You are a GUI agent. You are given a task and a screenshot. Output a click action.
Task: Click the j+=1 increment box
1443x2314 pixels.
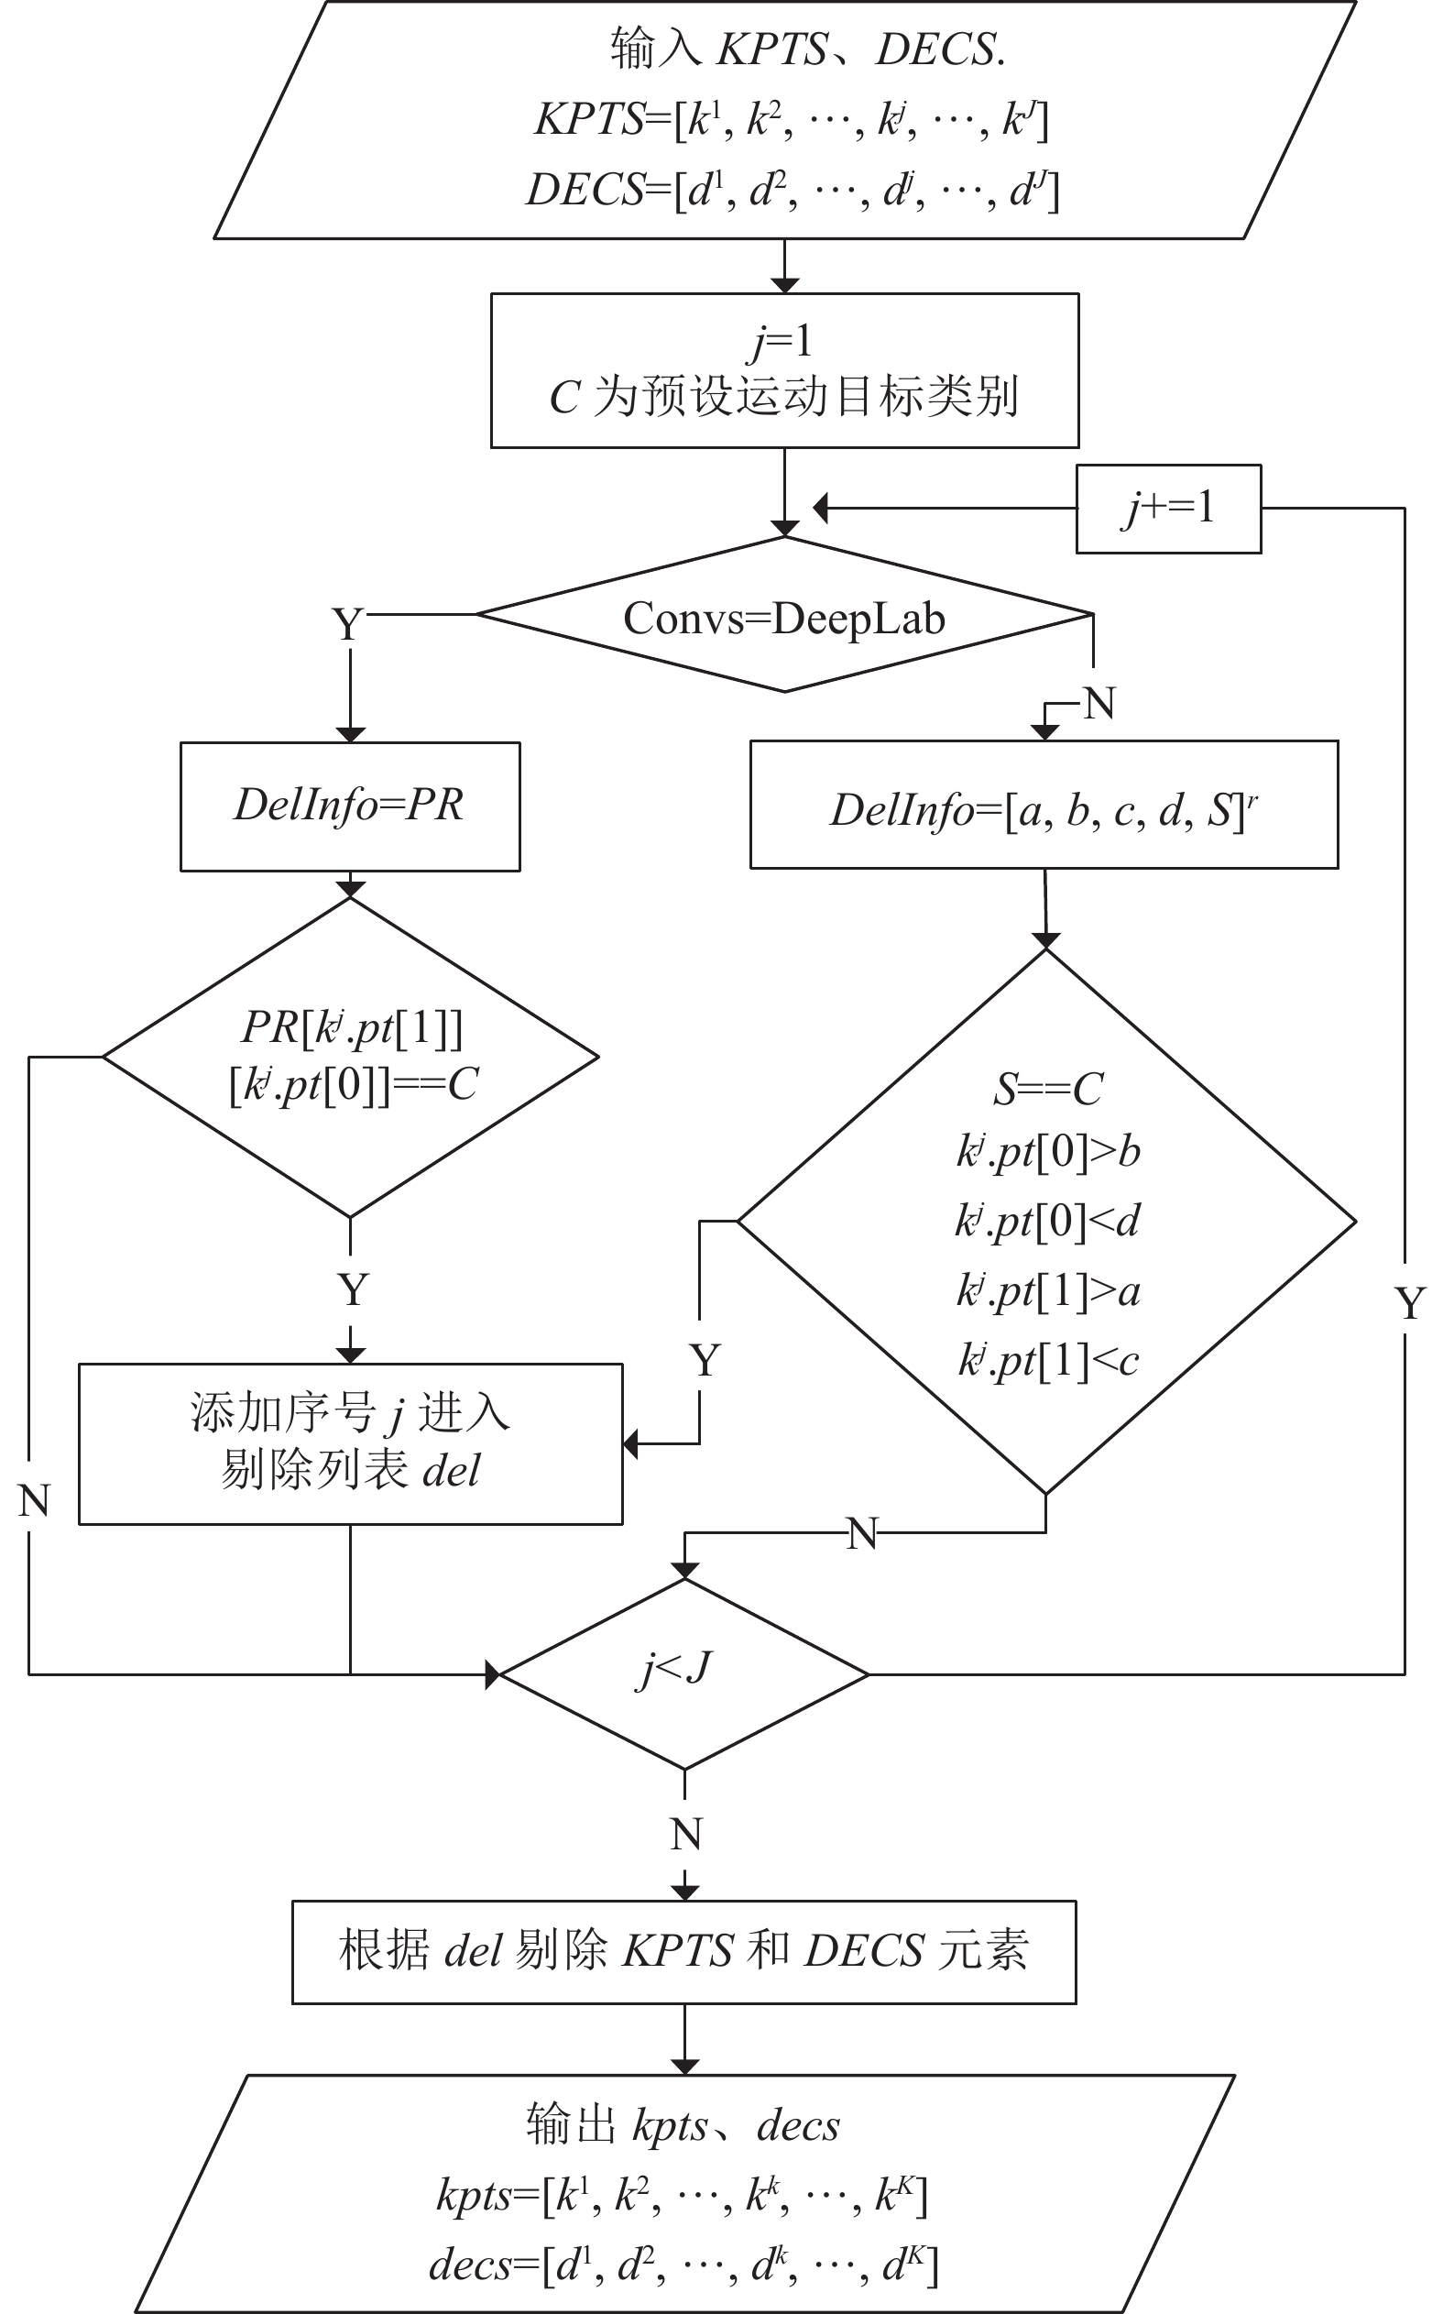coord(1168,509)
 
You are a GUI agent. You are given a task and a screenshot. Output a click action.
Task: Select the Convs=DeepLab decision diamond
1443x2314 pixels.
coord(784,615)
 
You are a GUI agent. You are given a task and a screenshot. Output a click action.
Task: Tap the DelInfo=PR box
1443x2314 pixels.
coord(350,806)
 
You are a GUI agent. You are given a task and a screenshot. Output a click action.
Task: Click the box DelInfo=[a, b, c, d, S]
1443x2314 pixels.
coord(1044,805)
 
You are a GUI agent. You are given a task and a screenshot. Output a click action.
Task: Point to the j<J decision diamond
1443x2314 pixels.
coord(684,1674)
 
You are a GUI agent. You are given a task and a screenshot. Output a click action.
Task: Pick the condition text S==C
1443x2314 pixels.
coord(1048,1090)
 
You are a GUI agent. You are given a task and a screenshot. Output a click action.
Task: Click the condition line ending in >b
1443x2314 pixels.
coord(1048,1152)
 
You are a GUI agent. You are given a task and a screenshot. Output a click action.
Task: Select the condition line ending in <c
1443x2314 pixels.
coord(1048,1360)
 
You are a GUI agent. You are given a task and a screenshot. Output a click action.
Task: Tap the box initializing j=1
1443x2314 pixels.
coord(784,370)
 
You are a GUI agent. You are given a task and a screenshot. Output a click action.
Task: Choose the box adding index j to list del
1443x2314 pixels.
coord(350,1443)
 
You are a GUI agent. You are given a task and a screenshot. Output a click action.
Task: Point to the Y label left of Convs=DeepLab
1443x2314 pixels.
coord(348,624)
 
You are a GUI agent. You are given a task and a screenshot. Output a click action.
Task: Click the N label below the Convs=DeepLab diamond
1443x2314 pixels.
coord(1099,704)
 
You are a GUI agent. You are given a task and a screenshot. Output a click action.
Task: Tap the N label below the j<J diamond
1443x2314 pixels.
coord(686,1834)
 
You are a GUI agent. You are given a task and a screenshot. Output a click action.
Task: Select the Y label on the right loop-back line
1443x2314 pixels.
coord(1411,1303)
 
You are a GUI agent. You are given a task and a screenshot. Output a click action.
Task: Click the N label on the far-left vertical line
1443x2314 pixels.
coord(33,1502)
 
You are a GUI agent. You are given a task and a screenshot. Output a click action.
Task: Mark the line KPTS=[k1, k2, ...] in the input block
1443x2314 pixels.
coord(792,120)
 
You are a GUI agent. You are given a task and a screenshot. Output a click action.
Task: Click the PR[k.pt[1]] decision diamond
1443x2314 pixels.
coord(350,1058)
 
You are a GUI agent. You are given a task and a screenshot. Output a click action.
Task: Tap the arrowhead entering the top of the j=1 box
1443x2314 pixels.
coord(784,285)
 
